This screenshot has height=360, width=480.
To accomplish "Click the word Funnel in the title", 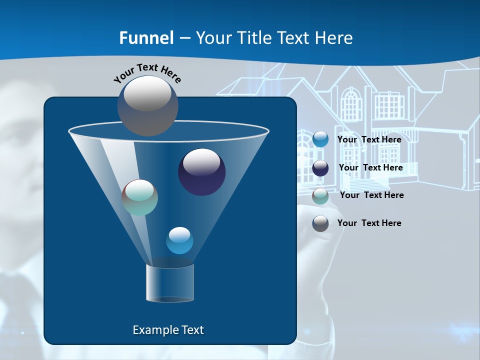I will [x=146, y=37].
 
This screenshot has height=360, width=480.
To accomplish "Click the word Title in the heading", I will [x=254, y=37].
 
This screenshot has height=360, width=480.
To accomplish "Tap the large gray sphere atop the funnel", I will [x=147, y=105].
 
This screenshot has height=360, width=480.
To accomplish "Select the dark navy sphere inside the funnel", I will [x=201, y=172].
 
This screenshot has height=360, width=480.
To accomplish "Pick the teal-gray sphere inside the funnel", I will [x=140, y=197].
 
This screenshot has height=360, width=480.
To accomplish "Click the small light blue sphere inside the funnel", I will [x=179, y=240].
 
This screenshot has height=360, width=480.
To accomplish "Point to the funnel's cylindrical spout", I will [x=169, y=283].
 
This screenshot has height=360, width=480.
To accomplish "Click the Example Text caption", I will [x=168, y=330].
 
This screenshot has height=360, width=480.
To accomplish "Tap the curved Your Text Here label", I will [x=147, y=72].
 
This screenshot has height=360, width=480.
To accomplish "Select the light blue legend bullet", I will [x=320, y=139].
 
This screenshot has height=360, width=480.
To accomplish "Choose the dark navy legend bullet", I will [x=320, y=168].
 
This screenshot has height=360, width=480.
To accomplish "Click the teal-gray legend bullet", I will [x=320, y=196].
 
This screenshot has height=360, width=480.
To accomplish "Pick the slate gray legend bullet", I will [x=320, y=223].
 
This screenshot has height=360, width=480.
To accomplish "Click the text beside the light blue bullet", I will [x=369, y=139].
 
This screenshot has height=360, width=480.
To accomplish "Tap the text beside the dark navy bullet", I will [x=370, y=167].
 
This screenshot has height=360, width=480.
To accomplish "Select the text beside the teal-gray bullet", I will [x=371, y=195].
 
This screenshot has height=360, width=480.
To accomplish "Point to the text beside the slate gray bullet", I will [x=369, y=223].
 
